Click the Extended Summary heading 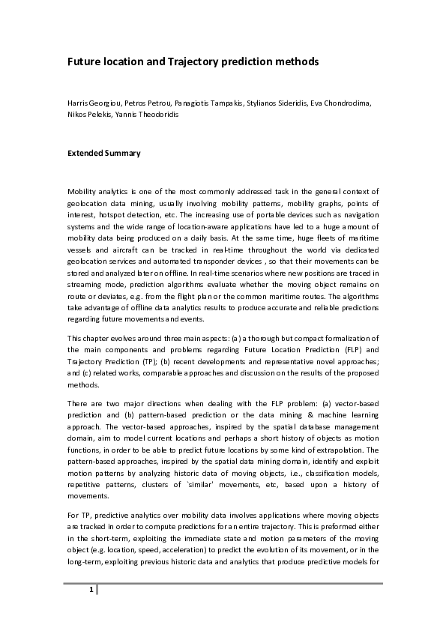(x=103, y=153)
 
